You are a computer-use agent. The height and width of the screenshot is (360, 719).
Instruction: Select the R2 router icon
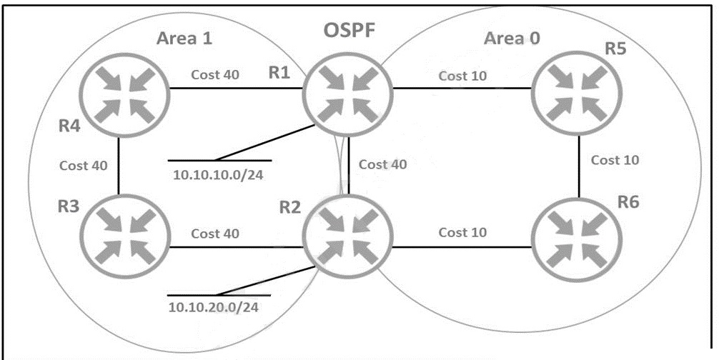pyautogui.click(x=347, y=236)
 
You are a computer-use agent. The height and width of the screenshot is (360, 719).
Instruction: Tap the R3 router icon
pyautogui.click(x=125, y=236)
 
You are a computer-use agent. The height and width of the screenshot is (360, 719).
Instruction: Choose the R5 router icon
pyautogui.click(x=577, y=94)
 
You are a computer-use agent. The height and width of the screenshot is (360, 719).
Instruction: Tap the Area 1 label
pyautogui.click(x=184, y=38)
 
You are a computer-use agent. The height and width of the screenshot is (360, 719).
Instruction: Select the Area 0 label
pyautogui.click(x=512, y=39)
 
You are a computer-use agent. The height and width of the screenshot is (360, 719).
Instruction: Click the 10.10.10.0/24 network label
pyautogui.click(x=218, y=174)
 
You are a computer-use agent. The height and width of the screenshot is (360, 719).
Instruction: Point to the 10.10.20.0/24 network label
pyautogui.click(x=214, y=307)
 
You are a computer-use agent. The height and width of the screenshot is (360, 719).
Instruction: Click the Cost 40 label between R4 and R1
pyautogui.click(x=215, y=74)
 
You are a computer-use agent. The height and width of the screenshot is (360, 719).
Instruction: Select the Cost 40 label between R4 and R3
pyautogui.click(x=84, y=165)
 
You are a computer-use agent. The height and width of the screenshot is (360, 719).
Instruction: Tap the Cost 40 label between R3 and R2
pyautogui.click(x=215, y=233)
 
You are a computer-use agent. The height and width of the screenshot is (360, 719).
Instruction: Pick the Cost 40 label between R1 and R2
pyautogui.click(x=383, y=164)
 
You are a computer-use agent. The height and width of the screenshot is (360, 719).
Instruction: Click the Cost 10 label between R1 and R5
pyautogui.click(x=462, y=76)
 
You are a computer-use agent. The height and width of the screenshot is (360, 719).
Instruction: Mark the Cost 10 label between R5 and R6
pyautogui.click(x=615, y=160)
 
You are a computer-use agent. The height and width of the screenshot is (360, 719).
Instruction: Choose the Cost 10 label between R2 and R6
pyautogui.click(x=462, y=232)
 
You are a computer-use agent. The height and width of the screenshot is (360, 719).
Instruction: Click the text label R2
pyautogui.click(x=290, y=207)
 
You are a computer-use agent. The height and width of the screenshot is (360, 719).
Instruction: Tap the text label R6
pyautogui.click(x=628, y=201)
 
